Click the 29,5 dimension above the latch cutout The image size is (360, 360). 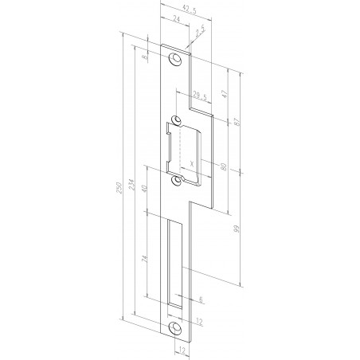pyautogui.click(x=189, y=99)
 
